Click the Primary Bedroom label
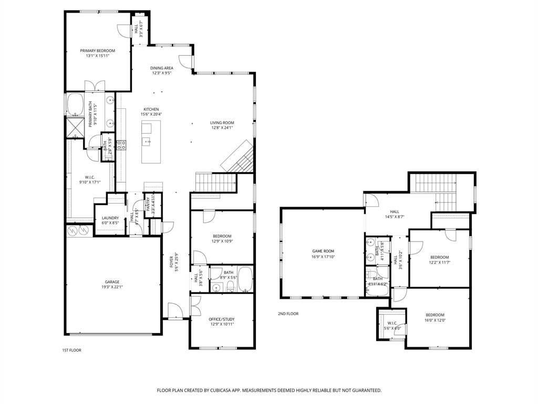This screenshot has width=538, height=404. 97,51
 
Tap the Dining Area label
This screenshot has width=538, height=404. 161,68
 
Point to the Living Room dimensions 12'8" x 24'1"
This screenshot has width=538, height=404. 222,127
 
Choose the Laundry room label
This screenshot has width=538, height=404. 110,218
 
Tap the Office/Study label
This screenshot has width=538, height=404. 221,319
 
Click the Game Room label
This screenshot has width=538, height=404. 323,251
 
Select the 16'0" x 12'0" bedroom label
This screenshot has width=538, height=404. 434,315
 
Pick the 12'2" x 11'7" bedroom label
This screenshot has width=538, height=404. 439,257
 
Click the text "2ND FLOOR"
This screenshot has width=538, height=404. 288,314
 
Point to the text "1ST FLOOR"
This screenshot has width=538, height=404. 71,350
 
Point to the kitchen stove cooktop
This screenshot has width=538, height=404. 121,145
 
